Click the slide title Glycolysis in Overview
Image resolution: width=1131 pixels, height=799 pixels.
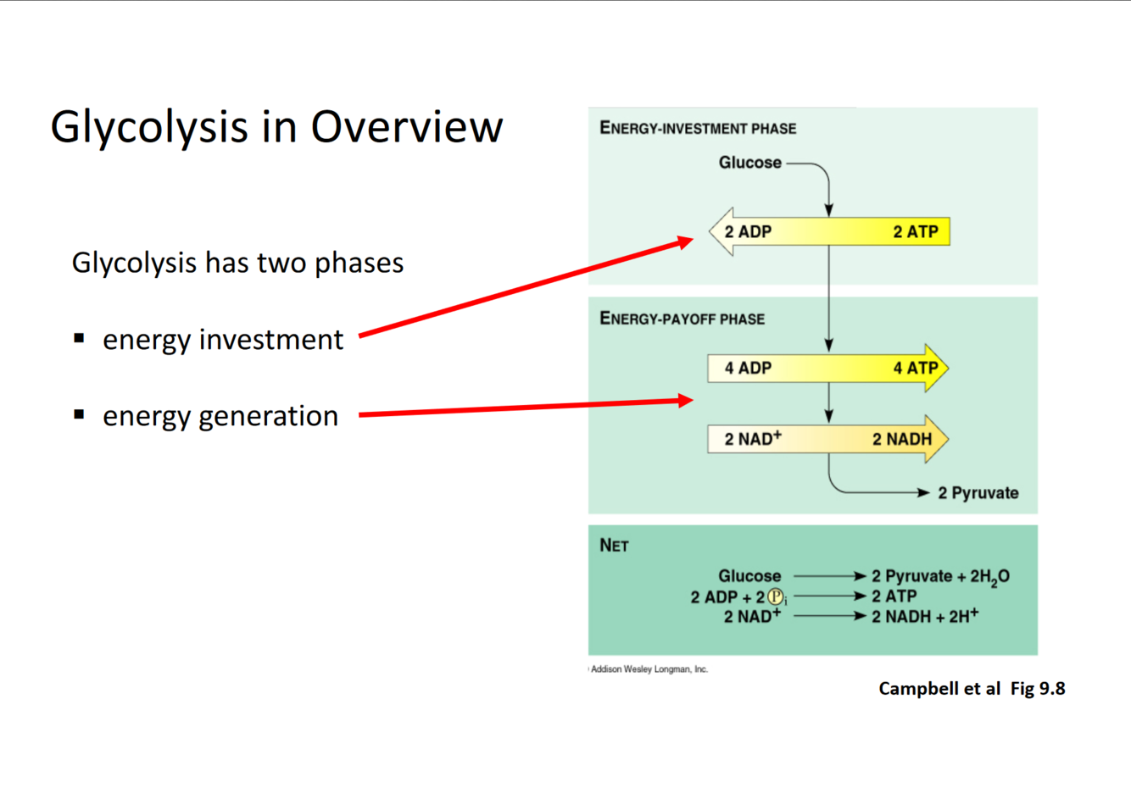[276, 127]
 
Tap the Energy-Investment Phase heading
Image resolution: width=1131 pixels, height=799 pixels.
[698, 129]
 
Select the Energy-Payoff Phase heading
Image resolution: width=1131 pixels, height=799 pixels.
[682, 319]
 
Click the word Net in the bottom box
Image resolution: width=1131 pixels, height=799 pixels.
[614, 546]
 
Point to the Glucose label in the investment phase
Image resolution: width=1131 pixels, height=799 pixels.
[749, 163]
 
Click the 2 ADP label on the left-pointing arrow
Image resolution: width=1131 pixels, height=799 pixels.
[748, 231]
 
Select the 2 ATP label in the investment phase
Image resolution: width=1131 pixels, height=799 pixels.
[915, 231]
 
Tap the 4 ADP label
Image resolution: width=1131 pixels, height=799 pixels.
[748, 368]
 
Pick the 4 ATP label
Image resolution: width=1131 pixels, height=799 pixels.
[915, 368]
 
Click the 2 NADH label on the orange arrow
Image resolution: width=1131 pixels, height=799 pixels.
[902, 439]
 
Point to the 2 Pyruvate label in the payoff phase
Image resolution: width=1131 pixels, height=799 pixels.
[978, 493]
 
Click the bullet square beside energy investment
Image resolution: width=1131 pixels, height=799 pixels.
[79, 338]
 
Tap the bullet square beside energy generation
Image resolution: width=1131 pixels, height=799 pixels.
[79, 414]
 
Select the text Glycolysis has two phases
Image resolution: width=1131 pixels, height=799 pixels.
[237, 263]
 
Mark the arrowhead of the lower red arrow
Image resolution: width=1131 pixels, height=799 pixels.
[686, 400]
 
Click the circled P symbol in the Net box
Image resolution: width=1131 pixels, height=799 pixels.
[775, 597]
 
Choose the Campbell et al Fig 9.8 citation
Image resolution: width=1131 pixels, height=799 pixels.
[972, 689]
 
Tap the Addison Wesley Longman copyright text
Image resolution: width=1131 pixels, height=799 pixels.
[649, 669]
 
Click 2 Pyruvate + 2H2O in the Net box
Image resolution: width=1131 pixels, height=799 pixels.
[940, 577]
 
